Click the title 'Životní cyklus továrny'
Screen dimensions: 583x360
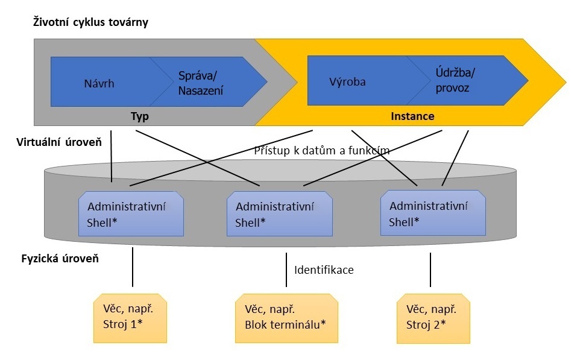point(90,22)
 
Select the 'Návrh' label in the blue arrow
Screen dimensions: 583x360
point(99,83)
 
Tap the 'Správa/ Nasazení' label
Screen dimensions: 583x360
point(201,83)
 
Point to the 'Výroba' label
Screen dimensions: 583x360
point(347,82)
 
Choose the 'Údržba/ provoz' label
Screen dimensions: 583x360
point(455,80)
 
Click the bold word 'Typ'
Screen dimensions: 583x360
point(140,116)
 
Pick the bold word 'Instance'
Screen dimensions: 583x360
point(412,116)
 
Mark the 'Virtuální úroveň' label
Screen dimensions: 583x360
point(59,142)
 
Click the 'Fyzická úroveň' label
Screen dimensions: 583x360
point(60,259)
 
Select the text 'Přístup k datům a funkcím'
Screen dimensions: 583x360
point(321,150)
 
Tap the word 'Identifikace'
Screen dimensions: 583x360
point(324,270)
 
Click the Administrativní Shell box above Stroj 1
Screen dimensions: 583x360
point(131,214)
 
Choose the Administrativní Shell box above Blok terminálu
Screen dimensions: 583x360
point(280,214)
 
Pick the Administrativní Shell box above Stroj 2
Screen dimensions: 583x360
point(433,213)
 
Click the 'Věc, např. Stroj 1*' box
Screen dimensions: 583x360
point(130,318)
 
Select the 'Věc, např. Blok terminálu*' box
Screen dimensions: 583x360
point(286,318)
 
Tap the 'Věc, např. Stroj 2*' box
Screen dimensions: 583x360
point(433,318)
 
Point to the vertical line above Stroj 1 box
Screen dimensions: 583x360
point(133,267)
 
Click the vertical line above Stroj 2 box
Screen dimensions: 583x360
point(430,270)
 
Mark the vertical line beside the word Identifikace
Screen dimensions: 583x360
point(286,270)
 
